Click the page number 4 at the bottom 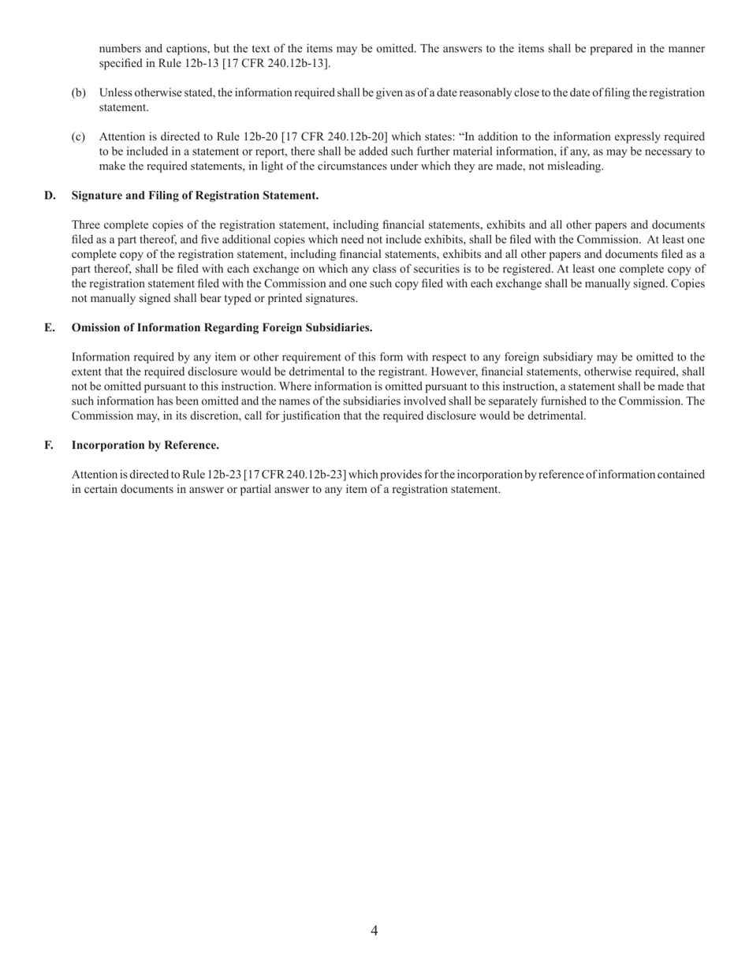click(x=374, y=931)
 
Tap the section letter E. click(x=49, y=327)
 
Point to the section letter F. click(x=49, y=446)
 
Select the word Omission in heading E click(x=96, y=327)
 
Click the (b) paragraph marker click(x=79, y=93)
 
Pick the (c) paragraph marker click(x=79, y=137)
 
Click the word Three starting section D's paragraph click(x=87, y=225)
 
